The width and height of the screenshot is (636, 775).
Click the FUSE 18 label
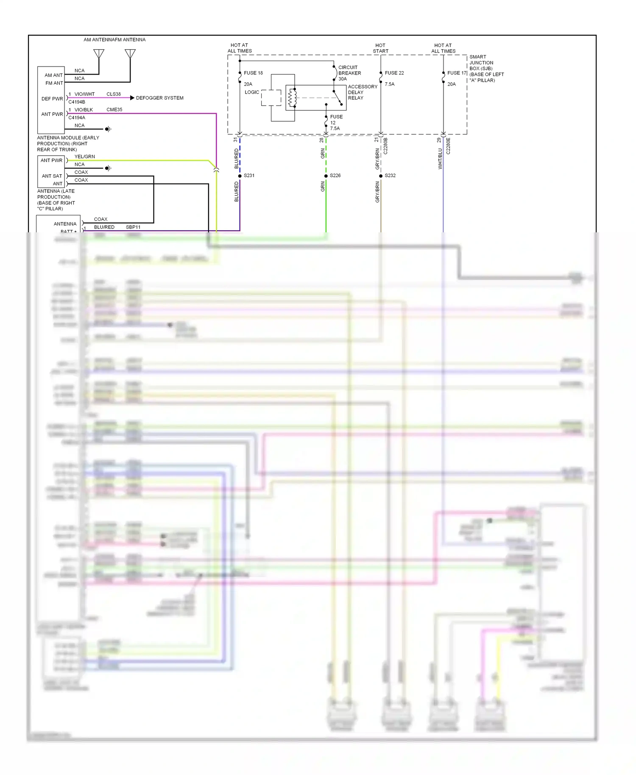(253, 73)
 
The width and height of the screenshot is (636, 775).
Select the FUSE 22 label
(394, 73)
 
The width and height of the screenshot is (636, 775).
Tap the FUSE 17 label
(457, 73)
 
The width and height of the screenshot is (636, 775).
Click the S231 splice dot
(240, 176)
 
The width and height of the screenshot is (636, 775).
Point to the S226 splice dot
(326, 176)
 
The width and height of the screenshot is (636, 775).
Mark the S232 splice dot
(381, 176)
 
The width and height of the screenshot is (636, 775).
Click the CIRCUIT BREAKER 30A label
(349, 73)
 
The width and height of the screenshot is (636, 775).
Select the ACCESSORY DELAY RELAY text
(362, 92)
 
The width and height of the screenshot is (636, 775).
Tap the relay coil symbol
(292, 98)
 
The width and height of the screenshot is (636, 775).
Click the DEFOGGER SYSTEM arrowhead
(132, 98)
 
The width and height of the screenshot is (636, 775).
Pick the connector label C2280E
(449, 146)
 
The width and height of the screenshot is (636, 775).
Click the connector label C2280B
(386, 146)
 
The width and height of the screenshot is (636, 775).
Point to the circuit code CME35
(114, 109)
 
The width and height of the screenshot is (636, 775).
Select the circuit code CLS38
(113, 94)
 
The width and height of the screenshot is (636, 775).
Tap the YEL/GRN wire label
(84, 156)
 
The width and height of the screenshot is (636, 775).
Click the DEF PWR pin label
(52, 99)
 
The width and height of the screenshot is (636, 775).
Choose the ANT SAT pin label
(52, 176)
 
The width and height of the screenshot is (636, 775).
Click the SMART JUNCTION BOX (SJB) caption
(486, 68)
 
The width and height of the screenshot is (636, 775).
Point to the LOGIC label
(252, 92)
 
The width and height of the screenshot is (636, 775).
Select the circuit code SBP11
(133, 227)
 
